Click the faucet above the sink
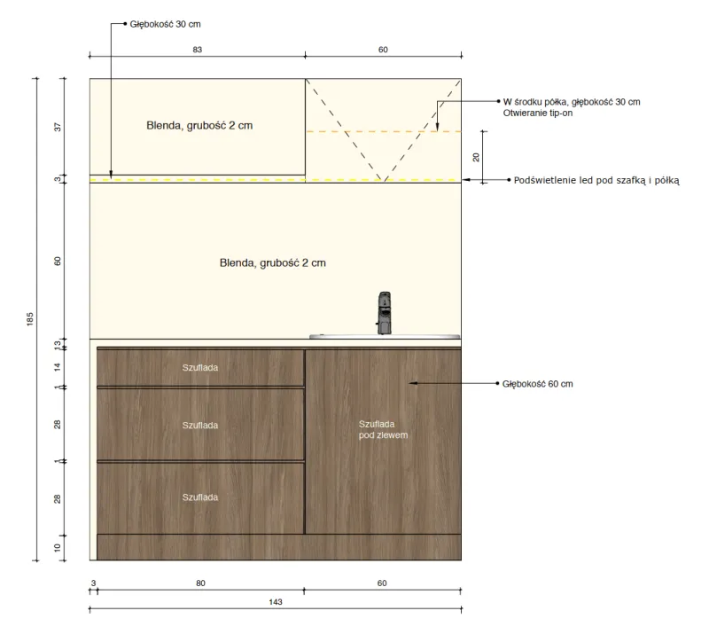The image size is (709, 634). [385, 313]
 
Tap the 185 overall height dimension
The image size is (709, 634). [30, 318]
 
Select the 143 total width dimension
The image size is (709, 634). [276, 602]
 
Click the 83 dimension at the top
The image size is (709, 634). [197, 50]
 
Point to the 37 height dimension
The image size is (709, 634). [58, 127]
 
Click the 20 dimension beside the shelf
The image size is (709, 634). [476, 157]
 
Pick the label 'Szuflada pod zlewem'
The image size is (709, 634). [383, 429]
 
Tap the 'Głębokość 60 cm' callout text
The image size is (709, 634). [537, 384]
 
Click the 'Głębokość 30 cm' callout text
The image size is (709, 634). [165, 24]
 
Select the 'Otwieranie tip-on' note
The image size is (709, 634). [538, 113]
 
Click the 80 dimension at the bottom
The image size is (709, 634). [200, 583]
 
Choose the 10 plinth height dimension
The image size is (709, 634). [58, 548]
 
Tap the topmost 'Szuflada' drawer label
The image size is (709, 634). [200, 367]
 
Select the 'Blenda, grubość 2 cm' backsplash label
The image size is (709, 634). [273, 263]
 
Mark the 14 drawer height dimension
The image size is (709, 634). [58, 366]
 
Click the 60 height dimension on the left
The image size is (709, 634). [58, 261]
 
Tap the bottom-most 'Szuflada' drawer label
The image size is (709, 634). [200, 497]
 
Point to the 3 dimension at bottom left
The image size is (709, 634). [94, 583]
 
